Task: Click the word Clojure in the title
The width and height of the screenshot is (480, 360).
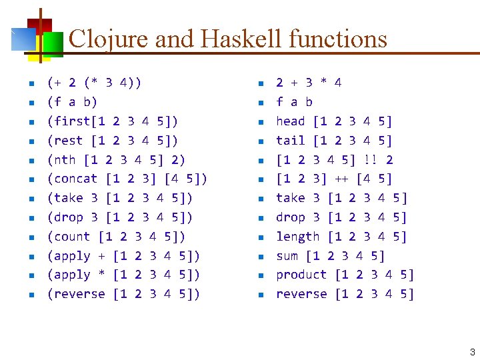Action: [108, 39]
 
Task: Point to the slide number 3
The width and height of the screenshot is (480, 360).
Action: [472, 352]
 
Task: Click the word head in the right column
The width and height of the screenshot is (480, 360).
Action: [290, 121]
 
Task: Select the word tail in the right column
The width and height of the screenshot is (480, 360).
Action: [290, 141]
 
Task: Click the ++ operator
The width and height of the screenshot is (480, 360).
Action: [341, 179]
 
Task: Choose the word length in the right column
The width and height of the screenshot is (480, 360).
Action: [298, 237]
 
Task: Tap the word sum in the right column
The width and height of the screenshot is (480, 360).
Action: [287, 256]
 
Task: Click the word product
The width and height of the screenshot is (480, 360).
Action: [301, 275]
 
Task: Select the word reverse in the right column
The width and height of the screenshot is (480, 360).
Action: [301, 294]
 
